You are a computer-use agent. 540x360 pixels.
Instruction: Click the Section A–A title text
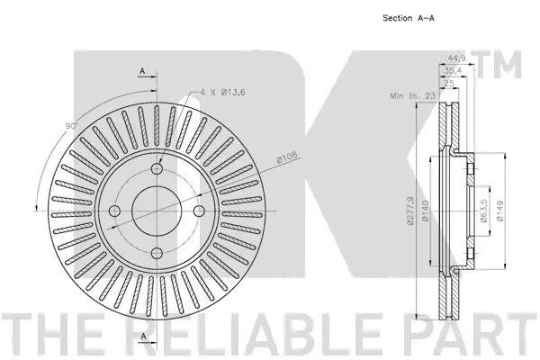click(408, 19)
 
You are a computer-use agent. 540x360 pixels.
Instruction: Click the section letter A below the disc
click(142, 337)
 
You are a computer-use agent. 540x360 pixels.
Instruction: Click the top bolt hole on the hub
click(157, 168)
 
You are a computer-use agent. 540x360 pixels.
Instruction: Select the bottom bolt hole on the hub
click(157, 239)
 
